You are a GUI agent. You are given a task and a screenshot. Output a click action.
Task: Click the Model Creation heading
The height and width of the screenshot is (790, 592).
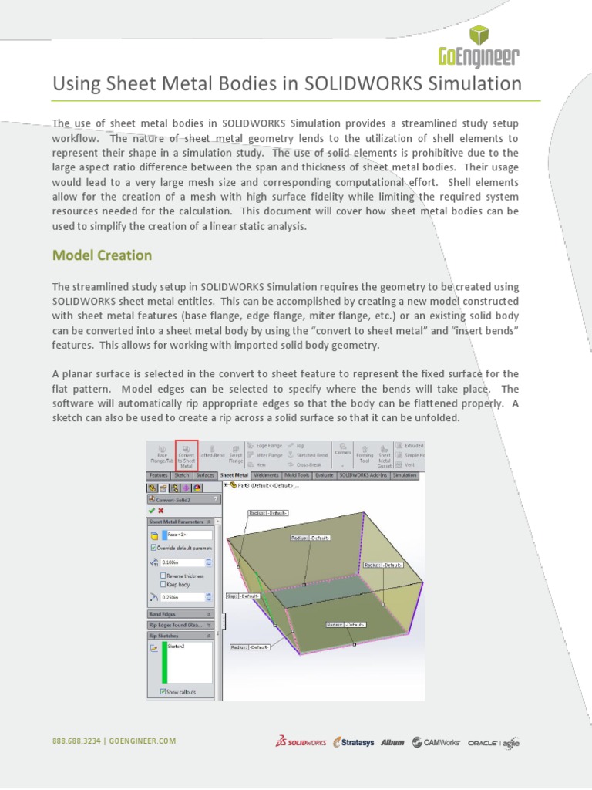click(x=102, y=255)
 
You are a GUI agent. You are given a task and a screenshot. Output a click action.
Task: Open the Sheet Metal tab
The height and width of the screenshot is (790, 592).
click(x=234, y=476)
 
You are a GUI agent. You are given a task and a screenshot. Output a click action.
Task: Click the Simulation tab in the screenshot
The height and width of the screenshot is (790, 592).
click(x=405, y=476)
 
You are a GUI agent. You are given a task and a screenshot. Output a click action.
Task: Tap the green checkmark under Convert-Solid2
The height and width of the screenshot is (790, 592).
click(x=151, y=510)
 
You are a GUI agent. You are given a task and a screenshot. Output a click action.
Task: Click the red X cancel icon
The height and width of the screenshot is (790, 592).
click(x=161, y=510)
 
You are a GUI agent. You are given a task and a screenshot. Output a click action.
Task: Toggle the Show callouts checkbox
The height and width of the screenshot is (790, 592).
click(x=163, y=692)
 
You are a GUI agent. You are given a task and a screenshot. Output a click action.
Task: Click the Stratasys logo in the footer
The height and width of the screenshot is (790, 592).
click(x=354, y=742)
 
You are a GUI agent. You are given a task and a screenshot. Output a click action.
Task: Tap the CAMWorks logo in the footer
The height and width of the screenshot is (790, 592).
click(x=436, y=742)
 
